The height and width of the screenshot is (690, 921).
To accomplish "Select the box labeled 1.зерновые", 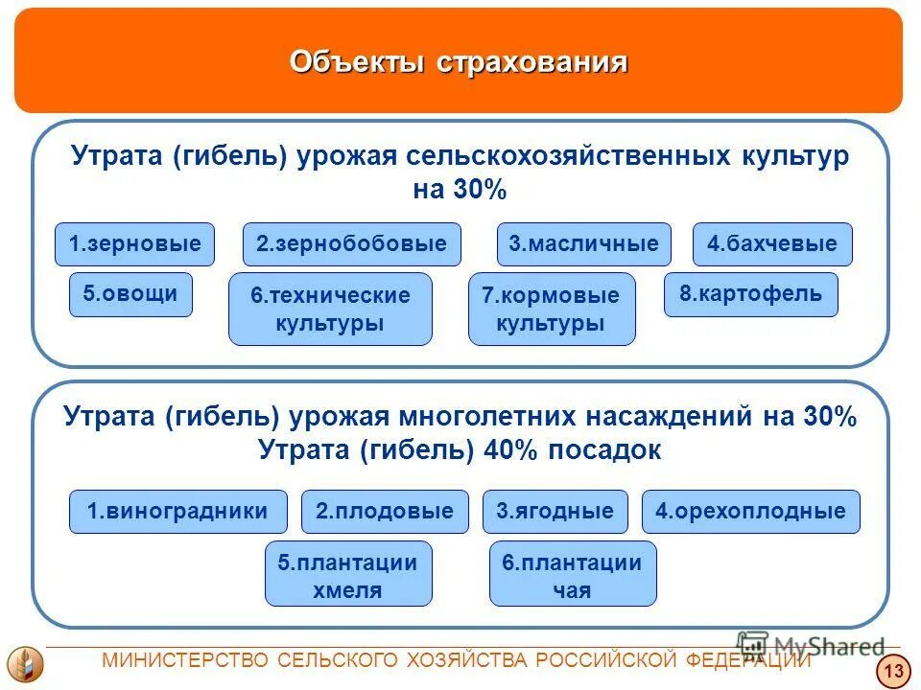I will coord(134,244).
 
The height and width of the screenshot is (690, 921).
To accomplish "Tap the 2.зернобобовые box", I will coord(351,244).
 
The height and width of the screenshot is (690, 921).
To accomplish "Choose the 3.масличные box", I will coord(583,244).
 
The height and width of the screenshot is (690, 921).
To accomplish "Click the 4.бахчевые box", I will coord(772,244).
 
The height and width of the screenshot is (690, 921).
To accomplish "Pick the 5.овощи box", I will coord(130,294).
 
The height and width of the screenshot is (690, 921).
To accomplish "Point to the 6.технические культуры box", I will coord(330,309).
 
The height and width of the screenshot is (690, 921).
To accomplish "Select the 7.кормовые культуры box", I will coord(552,309).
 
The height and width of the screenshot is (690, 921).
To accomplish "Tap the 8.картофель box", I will coord(750,294).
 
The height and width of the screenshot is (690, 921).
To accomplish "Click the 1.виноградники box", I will coord(177,512).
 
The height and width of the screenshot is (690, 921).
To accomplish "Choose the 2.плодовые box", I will coord(385,512).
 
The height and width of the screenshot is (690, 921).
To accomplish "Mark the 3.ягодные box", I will coord(555,512).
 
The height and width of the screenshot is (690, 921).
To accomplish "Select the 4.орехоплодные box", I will coord(750,512).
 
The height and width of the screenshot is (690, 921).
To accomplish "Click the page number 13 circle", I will coord(893,672).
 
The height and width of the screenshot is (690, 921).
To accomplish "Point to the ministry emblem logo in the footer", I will coord(25,664).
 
